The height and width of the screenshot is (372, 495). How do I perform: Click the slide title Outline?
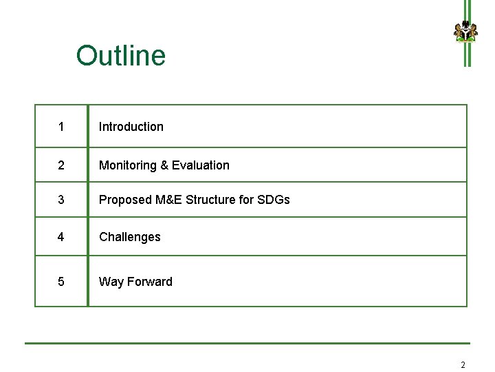(121, 56)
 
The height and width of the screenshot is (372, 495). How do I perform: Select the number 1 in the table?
(61, 127)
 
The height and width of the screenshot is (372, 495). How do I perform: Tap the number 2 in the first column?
(61, 165)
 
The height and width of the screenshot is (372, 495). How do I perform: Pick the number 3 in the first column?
(61, 200)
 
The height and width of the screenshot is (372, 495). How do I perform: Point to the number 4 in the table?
(61, 237)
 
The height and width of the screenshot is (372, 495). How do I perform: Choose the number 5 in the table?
(61, 282)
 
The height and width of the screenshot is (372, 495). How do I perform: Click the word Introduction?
(131, 127)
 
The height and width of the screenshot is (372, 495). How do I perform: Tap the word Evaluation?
(201, 165)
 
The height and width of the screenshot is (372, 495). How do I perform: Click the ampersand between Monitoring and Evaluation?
(164, 165)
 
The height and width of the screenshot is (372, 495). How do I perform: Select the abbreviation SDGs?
(274, 200)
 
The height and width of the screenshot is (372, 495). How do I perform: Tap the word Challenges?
(130, 237)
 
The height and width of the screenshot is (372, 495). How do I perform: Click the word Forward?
(150, 282)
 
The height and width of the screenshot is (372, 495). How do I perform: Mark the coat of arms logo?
(465, 32)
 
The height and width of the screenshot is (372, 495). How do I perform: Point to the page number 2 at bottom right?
(463, 364)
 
